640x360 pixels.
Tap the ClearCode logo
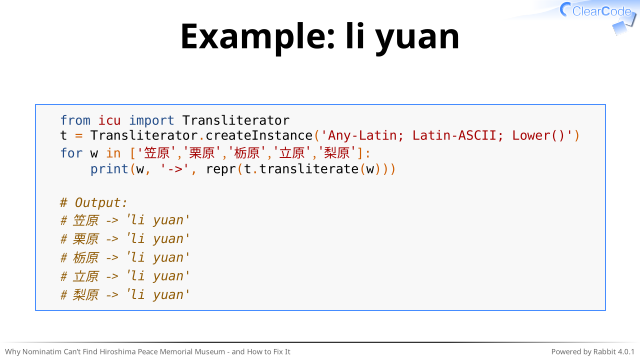(x=599, y=15)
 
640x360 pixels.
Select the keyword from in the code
(x=75, y=120)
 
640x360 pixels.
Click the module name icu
(x=109, y=120)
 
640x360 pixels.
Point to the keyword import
(x=151, y=121)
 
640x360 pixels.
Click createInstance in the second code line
(x=259, y=136)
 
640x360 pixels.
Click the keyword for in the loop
(x=71, y=153)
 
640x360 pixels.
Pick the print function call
(x=109, y=169)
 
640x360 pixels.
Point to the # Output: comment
(x=94, y=203)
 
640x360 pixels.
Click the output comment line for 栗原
(x=125, y=239)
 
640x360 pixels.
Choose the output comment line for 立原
(x=125, y=276)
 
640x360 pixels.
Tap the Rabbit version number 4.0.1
(x=626, y=351)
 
